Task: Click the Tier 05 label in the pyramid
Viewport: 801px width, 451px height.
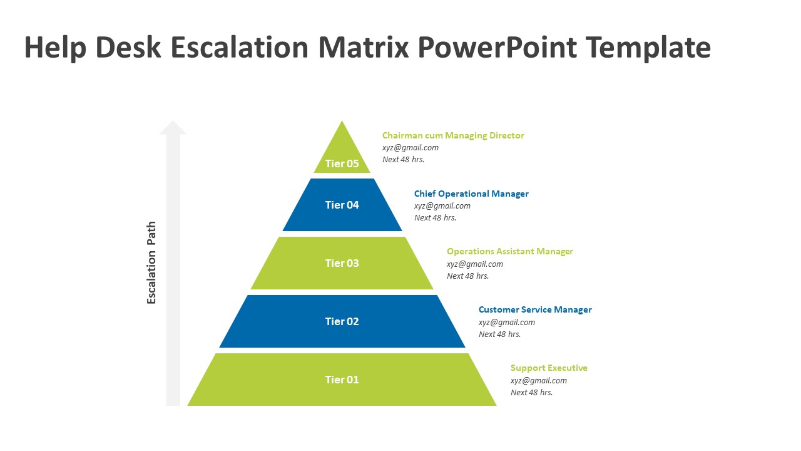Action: coord(342,164)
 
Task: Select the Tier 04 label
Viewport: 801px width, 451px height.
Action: coord(342,205)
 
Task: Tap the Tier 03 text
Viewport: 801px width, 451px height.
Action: coord(342,263)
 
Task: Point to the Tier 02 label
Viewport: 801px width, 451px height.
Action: coord(342,321)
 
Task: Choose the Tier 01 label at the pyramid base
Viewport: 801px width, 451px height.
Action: coord(342,380)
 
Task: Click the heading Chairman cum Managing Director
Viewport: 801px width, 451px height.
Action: coord(453,135)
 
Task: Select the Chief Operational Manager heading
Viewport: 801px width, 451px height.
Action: coord(471,194)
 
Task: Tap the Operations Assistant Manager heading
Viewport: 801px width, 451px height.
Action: coord(509,251)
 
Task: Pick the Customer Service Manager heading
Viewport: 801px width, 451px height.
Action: coord(535,309)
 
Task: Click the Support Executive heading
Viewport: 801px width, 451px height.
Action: coord(549,368)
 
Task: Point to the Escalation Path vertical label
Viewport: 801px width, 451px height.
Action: coord(151,263)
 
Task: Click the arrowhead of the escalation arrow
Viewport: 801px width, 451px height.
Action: coord(173,127)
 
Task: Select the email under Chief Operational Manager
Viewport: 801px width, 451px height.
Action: coord(442,205)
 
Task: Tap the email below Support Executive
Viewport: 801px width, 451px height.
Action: coord(538,380)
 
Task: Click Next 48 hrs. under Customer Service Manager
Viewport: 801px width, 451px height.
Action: coord(499,334)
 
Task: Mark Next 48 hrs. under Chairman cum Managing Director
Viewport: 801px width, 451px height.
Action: coord(403,160)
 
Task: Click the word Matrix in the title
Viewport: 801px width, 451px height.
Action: coord(359,48)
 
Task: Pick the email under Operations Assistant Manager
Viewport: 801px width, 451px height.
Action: coord(474,264)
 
